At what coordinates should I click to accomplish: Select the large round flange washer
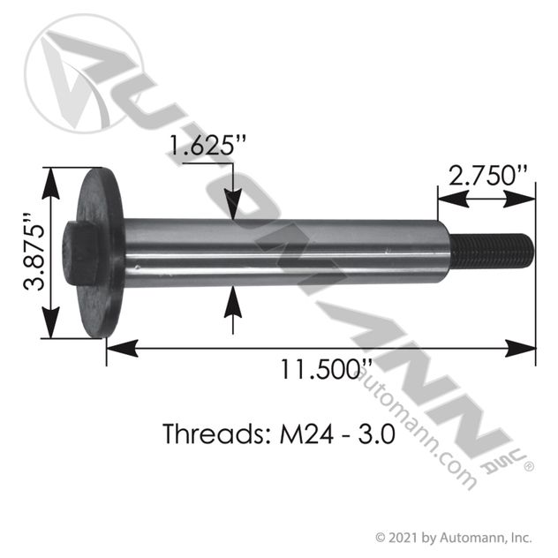pyautogui.click(x=99, y=253)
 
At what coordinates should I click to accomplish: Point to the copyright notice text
pyautogui.click(x=453, y=536)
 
